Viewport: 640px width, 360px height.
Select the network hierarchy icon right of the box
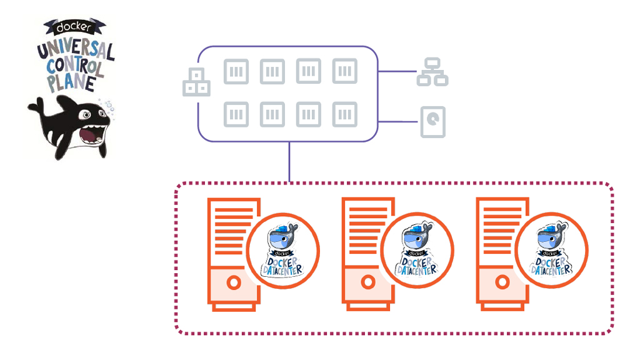(x=432, y=72)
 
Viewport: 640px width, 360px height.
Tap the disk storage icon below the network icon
(x=432, y=122)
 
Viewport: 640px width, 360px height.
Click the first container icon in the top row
(x=236, y=71)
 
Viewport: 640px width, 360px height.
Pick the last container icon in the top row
(x=344, y=71)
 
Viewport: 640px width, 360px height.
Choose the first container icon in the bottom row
(x=236, y=114)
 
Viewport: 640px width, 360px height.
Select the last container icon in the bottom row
(x=344, y=114)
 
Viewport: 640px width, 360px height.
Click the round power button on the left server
(x=233, y=282)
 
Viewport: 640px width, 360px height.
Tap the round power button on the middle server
(x=367, y=282)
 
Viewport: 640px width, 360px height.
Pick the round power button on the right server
(x=501, y=282)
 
